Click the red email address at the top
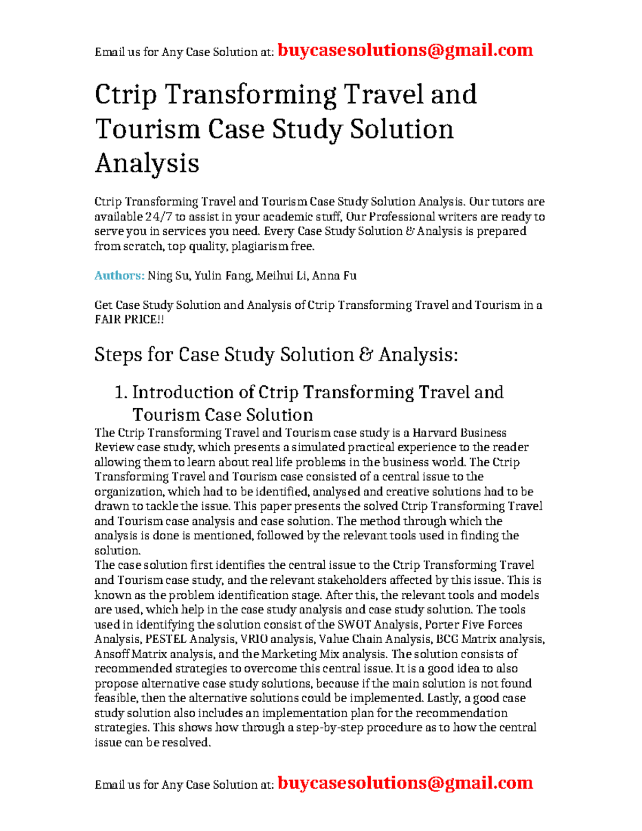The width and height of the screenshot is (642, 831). (405, 50)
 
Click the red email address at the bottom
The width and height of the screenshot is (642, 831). (405, 783)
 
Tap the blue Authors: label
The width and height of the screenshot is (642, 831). (119, 276)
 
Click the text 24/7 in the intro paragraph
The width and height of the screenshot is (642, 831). (158, 217)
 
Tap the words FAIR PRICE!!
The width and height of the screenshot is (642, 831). (129, 320)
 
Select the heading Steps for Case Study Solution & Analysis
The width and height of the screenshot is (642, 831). (276, 355)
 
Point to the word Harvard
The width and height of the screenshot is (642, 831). (435, 432)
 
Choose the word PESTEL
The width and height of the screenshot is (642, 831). (166, 639)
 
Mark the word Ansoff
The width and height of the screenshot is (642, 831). (112, 654)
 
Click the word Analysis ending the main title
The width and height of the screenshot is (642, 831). (147, 163)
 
